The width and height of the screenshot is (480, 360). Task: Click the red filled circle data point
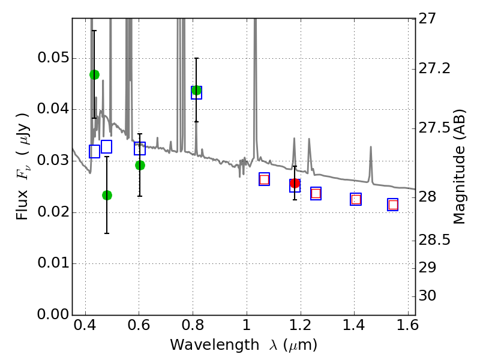click(295, 184)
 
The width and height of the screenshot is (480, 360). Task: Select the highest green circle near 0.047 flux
click(94, 74)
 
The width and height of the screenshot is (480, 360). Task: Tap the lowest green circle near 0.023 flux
click(107, 195)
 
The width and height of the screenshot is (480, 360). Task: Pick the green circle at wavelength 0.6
click(140, 166)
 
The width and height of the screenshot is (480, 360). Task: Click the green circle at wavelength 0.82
click(197, 91)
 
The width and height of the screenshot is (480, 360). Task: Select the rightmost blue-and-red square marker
click(393, 205)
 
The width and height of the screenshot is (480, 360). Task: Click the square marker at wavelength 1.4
click(356, 199)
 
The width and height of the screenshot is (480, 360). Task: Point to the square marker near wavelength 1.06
click(264, 179)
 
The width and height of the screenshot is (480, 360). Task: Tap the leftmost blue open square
click(94, 152)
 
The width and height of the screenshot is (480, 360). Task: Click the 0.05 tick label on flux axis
click(52, 58)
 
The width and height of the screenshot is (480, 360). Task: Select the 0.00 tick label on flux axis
click(52, 314)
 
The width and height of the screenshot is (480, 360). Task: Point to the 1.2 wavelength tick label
click(300, 325)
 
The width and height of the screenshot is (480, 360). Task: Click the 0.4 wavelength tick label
click(85, 325)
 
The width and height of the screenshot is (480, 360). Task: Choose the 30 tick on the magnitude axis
click(427, 296)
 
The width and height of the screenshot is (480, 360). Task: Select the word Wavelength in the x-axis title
click(215, 345)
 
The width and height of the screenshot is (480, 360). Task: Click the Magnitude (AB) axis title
click(458, 167)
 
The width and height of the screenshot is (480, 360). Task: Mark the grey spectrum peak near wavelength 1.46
click(371, 147)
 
